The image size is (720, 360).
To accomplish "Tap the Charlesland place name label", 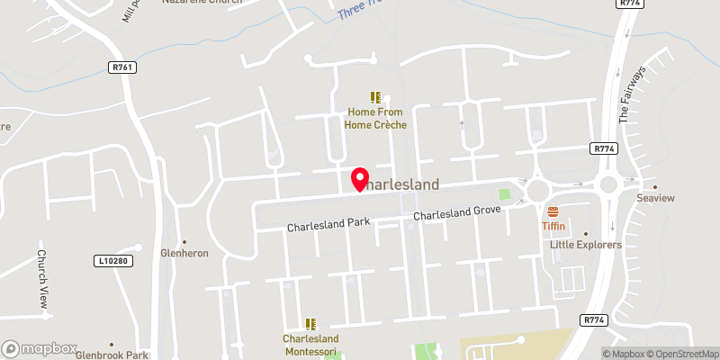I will pyautogui.click(x=401, y=184).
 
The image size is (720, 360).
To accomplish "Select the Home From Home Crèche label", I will pyautogui.click(x=378, y=118).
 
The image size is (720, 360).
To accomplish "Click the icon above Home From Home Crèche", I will pyautogui.click(x=375, y=97).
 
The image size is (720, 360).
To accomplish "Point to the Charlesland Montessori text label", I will pyautogui.click(x=310, y=345).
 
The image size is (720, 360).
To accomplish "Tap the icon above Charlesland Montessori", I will pyautogui.click(x=310, y=324).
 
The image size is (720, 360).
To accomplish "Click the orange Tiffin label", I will pyautogui.click(x=553, y=227).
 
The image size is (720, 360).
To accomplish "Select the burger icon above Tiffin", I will pyautogui.click(x=553, y=212).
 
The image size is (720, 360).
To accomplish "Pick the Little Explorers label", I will pyautogui.click(x=587, y=244).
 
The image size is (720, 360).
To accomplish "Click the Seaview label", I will pyautogui.click(x=654, y=199).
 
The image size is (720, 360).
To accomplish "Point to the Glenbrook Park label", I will pyautogui.click(x=112, y=355).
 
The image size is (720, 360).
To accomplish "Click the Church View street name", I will pyautogui.click(x=41, y=279).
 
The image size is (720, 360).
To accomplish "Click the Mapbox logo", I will pyautogui.click(x=37, y=347).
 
